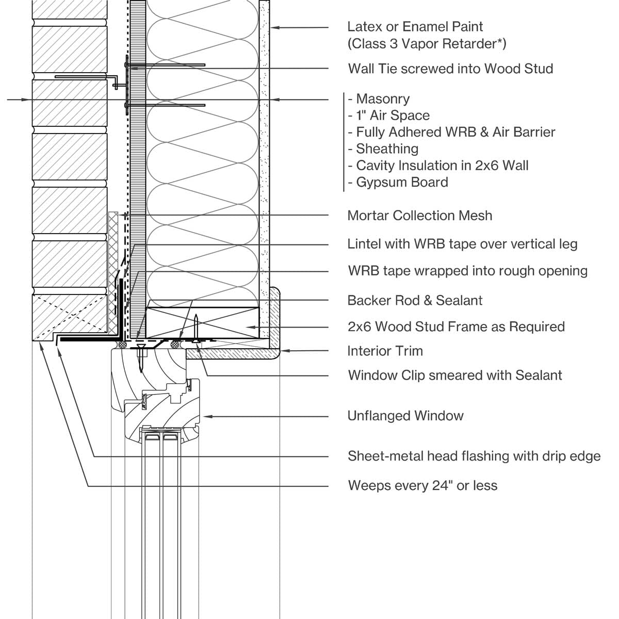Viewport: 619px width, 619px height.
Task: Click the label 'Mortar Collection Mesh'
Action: pyautogui.click(x=419, y=216)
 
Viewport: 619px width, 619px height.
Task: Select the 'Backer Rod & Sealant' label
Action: pyautogui.click(x=415, y=300)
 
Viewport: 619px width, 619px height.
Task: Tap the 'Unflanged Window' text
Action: pyautogui.click(x=405, y=416)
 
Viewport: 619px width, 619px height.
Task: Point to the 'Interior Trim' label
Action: pyautogui.click(x=385, y=351)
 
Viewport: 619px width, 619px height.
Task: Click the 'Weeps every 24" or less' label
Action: pyautogui.click(x=422, y=485)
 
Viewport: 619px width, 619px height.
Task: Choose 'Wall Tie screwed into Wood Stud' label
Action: pyautogui.click(x=450, y=69)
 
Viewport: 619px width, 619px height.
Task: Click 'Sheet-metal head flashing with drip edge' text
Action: pyautogui.click(x=474, y=456)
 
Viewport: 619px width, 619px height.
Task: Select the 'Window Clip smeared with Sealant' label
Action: pyautogui.click(x=455, y=375)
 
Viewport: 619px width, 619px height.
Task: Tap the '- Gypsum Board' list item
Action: pyautogui.click(x=398, y=182)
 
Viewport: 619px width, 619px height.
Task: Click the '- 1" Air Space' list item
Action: pyautogui.click(x=388, y=116)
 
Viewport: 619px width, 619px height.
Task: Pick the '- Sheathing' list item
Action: pyautogui.click(x=383, y=149)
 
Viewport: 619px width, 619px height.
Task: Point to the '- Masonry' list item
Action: pyautogui.click(x=379, y=99)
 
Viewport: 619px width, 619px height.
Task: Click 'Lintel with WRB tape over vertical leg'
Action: pyautogui.click(x=462, y=244)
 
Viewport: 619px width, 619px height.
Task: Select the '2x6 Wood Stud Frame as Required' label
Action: pyautogui.click(x=456, y=327)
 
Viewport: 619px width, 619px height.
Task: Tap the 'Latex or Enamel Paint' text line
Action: pyautogui.click(x=415, y=26)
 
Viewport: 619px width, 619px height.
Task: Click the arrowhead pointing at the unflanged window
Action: pyautogui.click(x=207, y=416)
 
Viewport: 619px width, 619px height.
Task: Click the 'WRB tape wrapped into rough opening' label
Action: pyautogui.click(x=467, y=271)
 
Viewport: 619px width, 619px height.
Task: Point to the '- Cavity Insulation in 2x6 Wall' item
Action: pyautogui.click(x=438, y=166)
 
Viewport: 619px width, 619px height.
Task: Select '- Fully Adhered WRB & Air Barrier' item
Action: pyautogui.click(x=451, y=132)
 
